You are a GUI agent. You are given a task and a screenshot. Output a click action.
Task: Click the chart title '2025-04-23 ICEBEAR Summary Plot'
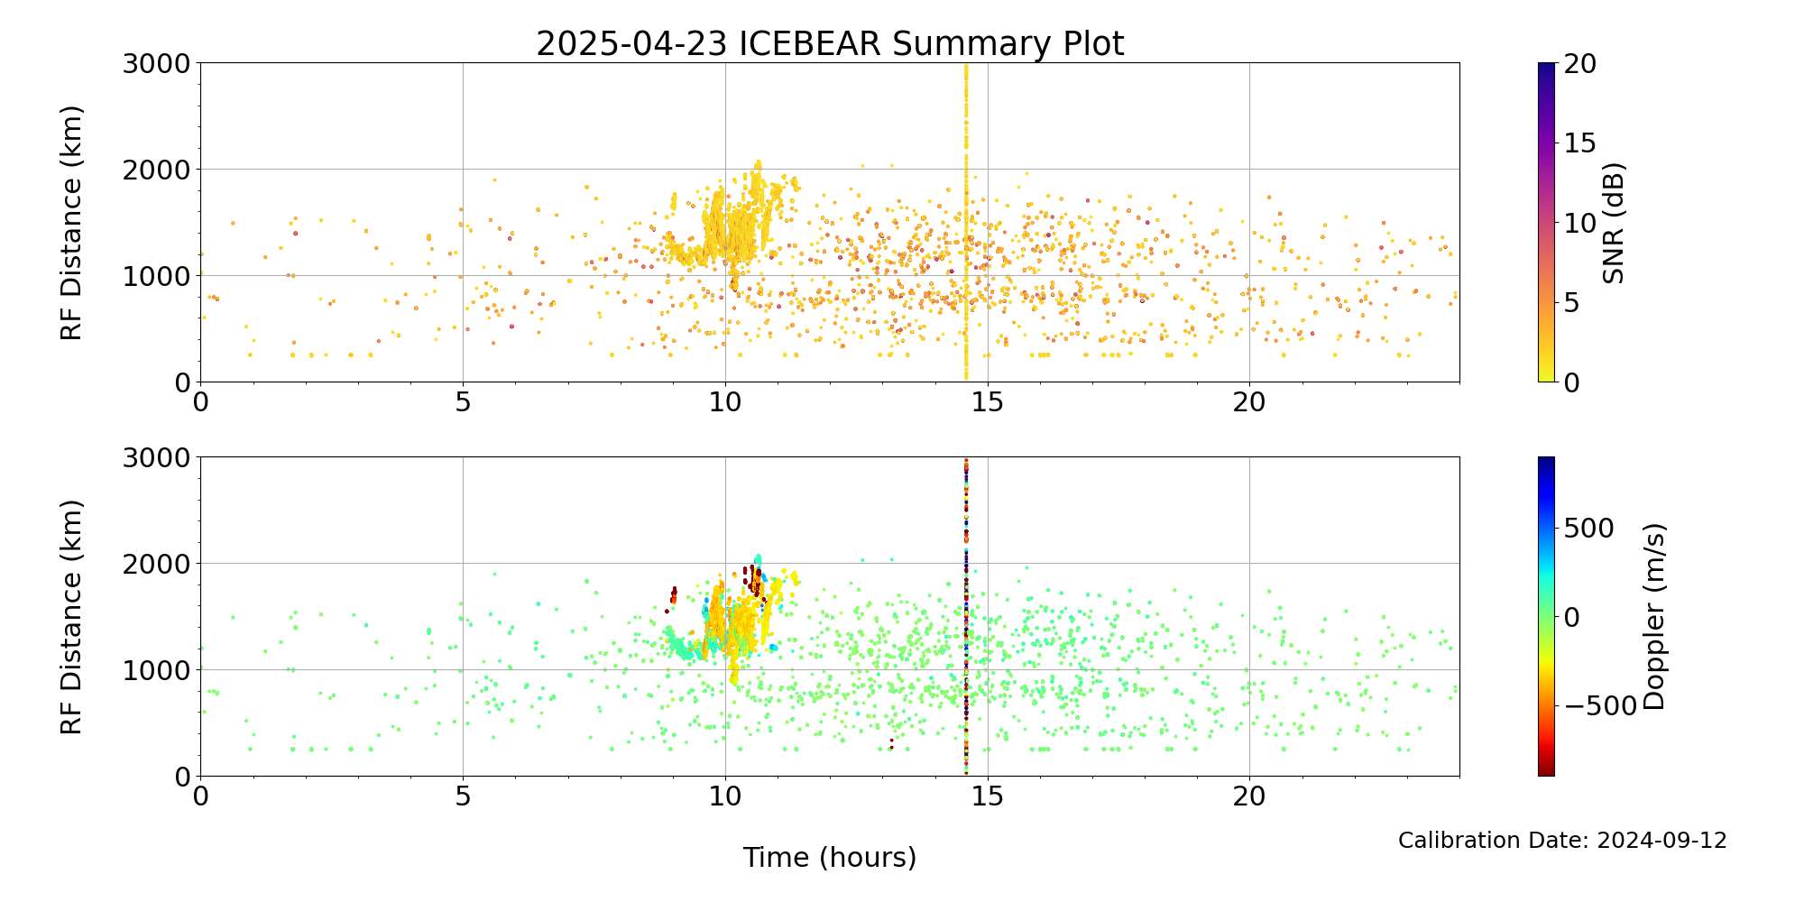coord(830,43)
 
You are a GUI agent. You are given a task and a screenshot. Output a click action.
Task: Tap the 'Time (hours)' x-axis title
coord(830,857)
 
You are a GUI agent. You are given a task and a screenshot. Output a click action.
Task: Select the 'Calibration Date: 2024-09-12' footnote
coord(1562,841)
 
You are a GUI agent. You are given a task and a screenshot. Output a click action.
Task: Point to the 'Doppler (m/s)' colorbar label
coord(1653,617)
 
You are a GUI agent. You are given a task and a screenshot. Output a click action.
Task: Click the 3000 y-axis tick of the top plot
coord(158,63)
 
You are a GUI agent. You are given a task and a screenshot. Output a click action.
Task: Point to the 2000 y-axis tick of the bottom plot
coord(158,564)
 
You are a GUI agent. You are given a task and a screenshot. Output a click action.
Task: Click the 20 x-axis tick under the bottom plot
coord(1249,796)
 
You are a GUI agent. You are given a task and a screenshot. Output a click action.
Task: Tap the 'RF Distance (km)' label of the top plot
coord(71,223)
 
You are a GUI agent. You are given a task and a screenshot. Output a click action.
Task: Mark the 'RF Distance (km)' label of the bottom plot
coord(71,617)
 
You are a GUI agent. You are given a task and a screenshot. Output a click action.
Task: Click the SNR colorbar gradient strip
coord(1546,223)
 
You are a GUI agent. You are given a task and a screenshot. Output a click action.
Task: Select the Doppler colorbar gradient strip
coord(1546,617)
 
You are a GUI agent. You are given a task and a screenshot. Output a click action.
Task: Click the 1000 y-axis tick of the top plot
coord(158,276)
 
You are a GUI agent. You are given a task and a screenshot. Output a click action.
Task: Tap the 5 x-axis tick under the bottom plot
coord(463,796)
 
